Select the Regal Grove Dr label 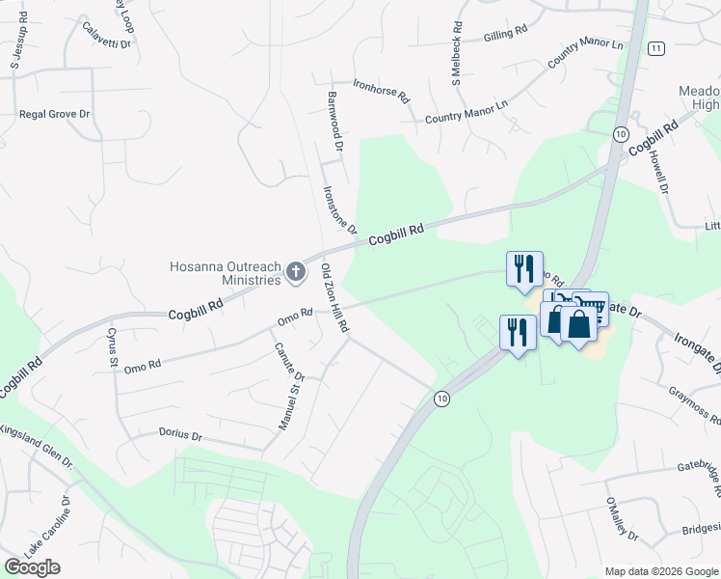[54, 114]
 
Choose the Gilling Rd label [506, 32]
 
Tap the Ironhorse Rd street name [382, 92]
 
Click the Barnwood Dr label [334, 123]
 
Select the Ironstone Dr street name [340, 210]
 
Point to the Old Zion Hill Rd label [334, 298]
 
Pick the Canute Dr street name [289, 362]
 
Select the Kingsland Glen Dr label [38, 446]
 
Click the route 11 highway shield [656, 48]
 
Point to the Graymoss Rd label [695, 405]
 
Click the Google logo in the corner [32, 567]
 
